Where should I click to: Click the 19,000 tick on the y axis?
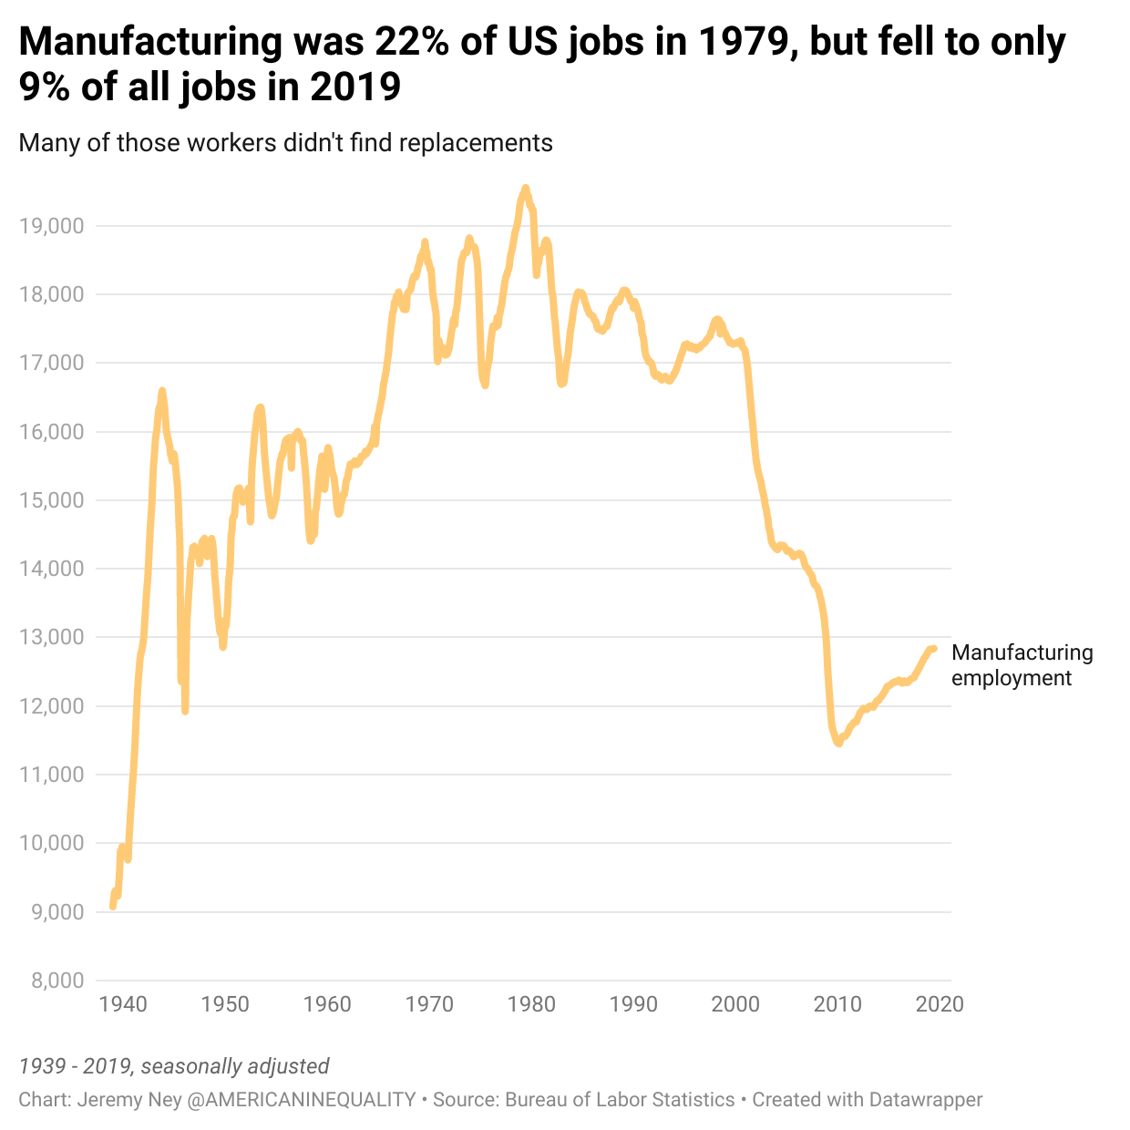(51, 226)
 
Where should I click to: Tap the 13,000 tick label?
(51, 637)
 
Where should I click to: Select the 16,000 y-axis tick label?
(51, 431)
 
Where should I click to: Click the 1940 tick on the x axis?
(122, 1004)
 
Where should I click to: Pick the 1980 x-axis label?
(530, 1004)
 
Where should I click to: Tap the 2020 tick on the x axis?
(939, 1004)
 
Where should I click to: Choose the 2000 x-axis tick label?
(734, 1004)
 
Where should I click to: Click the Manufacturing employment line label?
(1022, 665)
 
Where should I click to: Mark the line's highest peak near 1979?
(525, 188)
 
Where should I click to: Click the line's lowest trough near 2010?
(838, 744)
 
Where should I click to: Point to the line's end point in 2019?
(934, 648)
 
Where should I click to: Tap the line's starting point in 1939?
(112, 907)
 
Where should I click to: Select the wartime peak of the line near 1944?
(162, 391)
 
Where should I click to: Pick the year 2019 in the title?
(355, 87)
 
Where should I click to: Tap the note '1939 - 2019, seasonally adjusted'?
(174, 1066)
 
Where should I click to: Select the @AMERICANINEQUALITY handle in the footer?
(302, 1100)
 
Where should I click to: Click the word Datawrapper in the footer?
(925, 1100)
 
